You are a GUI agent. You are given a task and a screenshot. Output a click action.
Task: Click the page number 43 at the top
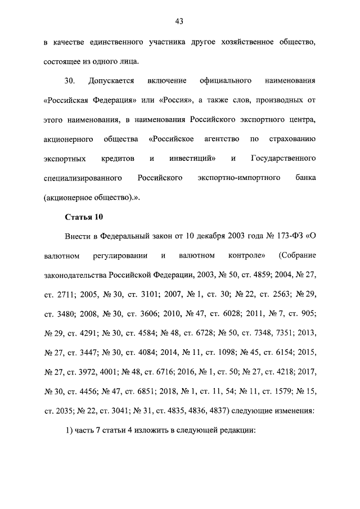tap(179, 22)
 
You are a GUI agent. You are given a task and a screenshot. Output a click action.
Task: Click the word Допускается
tap(111, 81)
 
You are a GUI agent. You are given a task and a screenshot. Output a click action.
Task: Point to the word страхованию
tap(294, 139)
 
